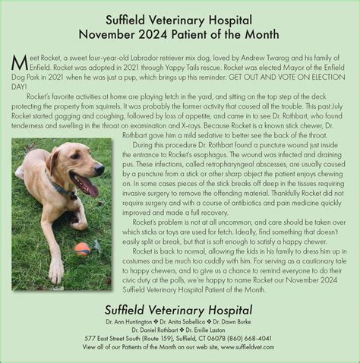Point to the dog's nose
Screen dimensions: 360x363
[x=96, y=170]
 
